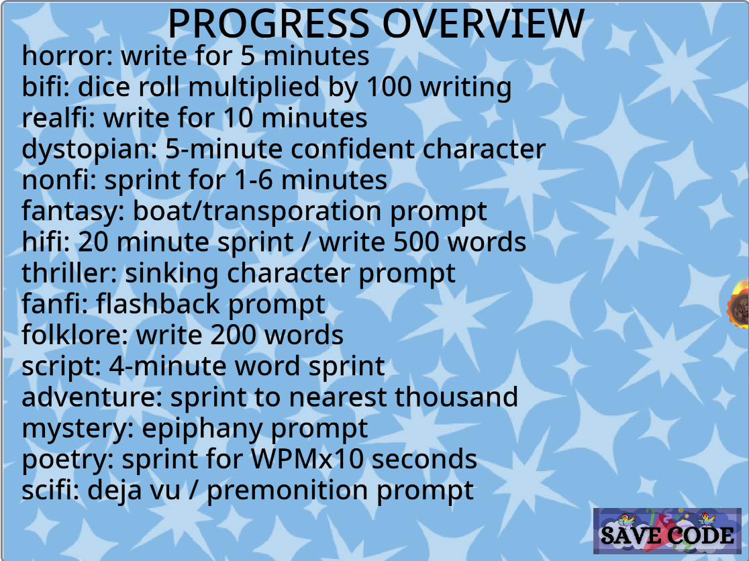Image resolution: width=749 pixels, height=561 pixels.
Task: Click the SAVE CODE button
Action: [667, 531]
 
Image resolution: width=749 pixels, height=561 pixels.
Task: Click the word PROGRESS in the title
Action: [269, 23]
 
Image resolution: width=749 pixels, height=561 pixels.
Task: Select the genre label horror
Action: [64, 56]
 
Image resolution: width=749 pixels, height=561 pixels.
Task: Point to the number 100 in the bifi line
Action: [389, 87]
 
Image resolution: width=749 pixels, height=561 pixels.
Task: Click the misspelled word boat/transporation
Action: [258, 211]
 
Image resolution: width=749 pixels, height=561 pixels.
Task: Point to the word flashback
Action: [158, 304]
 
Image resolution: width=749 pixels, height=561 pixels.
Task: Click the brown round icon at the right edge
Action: [740, 305]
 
